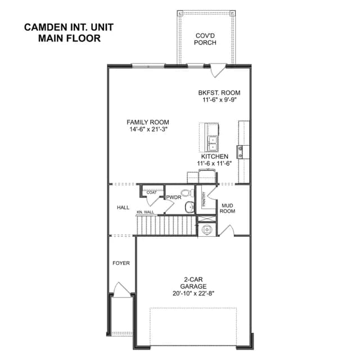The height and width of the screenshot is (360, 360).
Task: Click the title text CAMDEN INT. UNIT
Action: pyautogui.click(x=69, y=28)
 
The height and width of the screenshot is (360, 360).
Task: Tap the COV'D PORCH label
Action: pyautogui.click(x=205, y=39)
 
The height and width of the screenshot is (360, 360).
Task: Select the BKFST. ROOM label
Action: pyautogui.click(x=219, y=93)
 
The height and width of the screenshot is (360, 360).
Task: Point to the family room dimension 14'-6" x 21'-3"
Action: pyautogui.click(x=148, y=129)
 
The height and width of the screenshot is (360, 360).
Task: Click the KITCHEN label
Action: pyautogui.click(x=215, y=156)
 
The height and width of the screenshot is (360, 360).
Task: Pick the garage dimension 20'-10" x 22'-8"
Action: pyautogui.click(x=193, y=294)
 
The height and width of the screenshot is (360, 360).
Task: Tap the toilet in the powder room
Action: pyautogui.click(x=188, y=192)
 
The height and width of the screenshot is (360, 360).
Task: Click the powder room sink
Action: pyautogui.click(x=190, y=207)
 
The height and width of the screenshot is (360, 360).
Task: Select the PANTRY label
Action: pyautogui.click(x=204, y=199)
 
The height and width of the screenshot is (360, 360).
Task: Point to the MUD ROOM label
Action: pyautogui.click(x=227, y=208)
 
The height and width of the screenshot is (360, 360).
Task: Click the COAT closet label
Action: pyautogui.click(x=151, y=192)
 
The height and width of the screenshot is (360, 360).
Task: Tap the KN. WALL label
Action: pyautogui.click(x=145, y=212)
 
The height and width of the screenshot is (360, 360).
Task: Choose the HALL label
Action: pyautogui.click(x=123, y=208)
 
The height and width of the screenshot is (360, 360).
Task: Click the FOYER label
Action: pyautogui.click(x=121, y=263)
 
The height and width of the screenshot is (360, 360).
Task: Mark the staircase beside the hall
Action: pyautogui.click(x=166, y=225)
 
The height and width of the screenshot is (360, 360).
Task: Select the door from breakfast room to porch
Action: pyautogui.click(x=218, y=70)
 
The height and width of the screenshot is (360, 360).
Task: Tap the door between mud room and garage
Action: pyautogui.click(x=226, y=230)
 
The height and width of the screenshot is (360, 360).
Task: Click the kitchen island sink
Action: pyautogui.click(x=213, y=143)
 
